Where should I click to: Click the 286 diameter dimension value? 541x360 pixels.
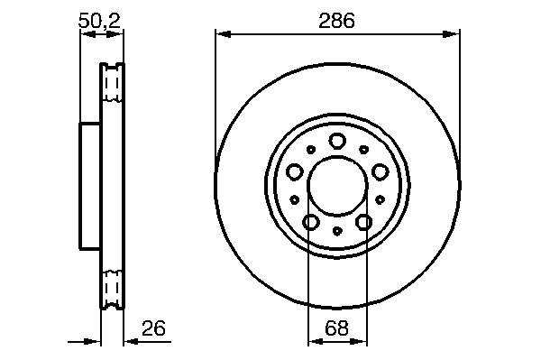pos(336,21)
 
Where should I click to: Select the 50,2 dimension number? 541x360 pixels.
pos(99,21)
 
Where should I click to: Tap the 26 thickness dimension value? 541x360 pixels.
pos(153,328)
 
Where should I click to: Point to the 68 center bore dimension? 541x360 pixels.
pos(336,328)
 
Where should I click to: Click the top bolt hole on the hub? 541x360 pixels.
pos(337,141)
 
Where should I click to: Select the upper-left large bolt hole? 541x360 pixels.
pos(295,172)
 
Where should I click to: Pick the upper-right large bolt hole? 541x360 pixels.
pos(380,172)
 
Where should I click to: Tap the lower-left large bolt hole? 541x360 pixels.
pos(311,222)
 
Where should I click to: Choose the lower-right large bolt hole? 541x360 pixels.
pos(363,222)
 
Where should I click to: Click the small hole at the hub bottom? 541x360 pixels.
pos(337,231)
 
